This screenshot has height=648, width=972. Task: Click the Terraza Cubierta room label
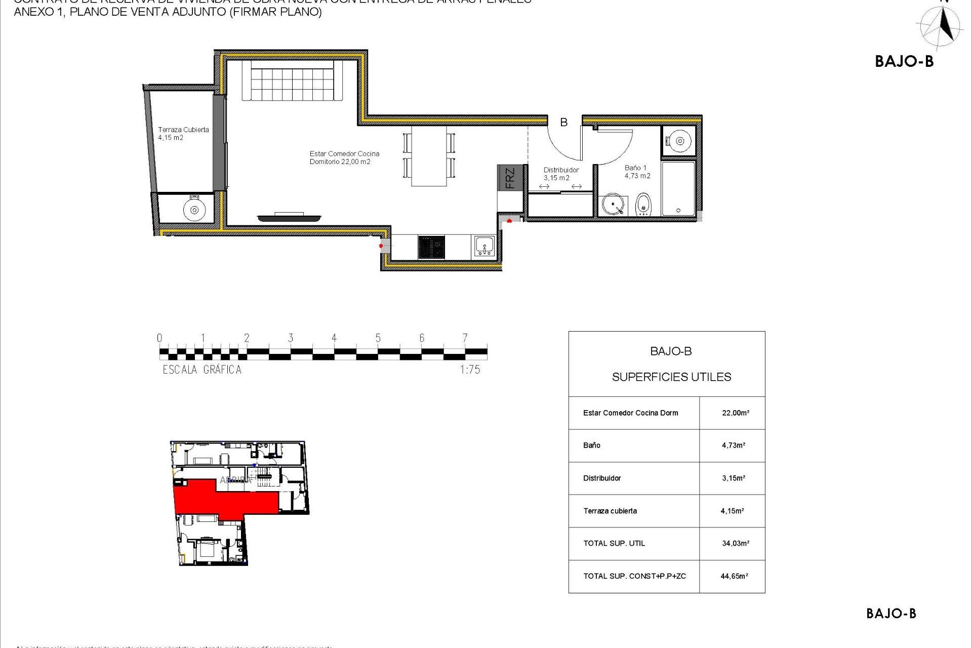click(183, 134)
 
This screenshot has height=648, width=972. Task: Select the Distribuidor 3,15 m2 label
click(560, 174)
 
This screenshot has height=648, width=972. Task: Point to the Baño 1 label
click(637, 172)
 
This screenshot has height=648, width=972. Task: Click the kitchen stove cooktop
click(431, 247)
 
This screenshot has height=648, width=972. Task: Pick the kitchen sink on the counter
click(484, 247)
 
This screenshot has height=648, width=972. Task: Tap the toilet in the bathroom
click(643, 204)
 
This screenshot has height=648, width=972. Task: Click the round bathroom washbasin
click(614, 205)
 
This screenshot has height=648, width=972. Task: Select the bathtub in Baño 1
click(678, 188)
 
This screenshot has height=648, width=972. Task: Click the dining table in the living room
click(429, 155)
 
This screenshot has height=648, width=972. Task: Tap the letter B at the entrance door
click(563, 122)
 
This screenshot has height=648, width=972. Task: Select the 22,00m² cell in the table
click(735, 413)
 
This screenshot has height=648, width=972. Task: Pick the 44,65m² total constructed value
click(734, 576)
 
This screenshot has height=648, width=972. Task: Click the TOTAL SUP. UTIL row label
click(614, 543)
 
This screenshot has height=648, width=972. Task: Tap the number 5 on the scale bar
click(378, 338)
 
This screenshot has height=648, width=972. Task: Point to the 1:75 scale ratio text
click(470, 370)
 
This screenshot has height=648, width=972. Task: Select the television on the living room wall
click(289, 218)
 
